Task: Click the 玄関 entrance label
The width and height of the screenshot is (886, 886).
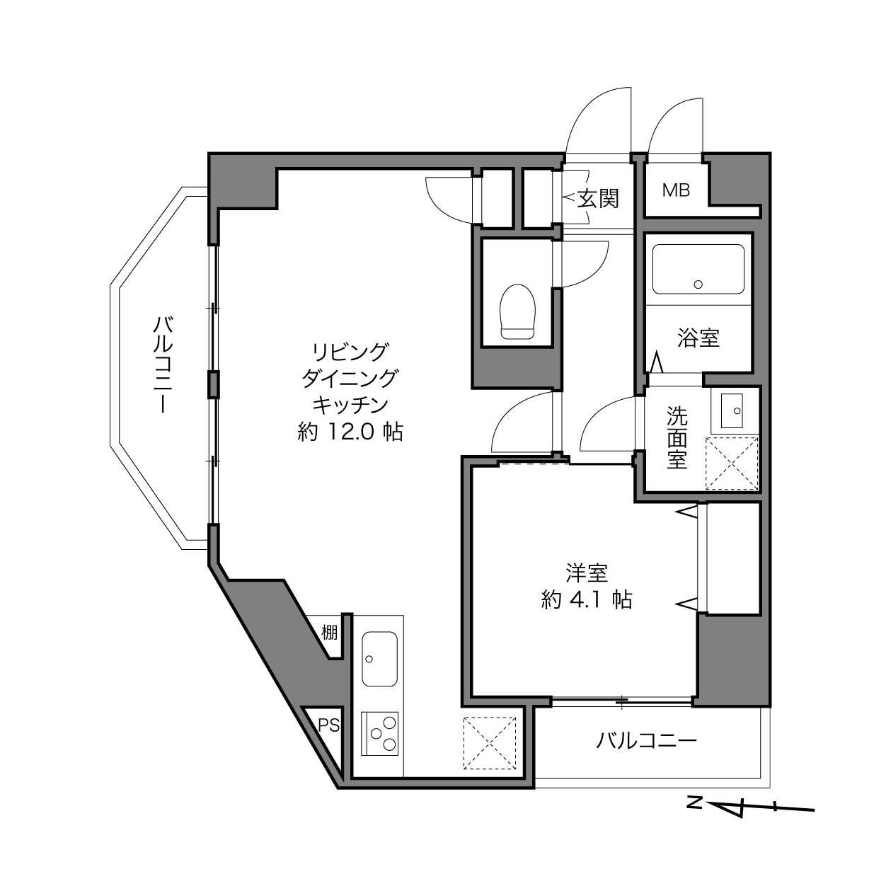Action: point(598,199)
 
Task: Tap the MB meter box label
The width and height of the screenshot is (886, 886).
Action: point(676,190)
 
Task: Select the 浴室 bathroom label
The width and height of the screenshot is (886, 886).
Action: point(698,338)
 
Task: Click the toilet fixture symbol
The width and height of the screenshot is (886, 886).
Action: point(518,312)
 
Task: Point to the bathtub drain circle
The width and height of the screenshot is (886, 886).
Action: point(698,284)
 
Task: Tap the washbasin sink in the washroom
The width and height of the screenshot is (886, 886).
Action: point(732,410)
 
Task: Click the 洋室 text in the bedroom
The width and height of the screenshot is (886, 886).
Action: point(587,573)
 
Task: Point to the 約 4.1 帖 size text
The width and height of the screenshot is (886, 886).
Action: point(587,599)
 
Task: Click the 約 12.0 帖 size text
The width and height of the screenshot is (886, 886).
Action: point(350,432)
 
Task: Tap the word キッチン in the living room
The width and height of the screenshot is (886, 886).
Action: point(350,405)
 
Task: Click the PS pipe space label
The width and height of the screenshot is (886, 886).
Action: point(329,725)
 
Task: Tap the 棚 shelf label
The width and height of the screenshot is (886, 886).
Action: point(329,633)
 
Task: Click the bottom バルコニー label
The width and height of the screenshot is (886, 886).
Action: point(646,741)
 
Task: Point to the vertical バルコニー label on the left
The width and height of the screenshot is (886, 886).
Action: point(163,364)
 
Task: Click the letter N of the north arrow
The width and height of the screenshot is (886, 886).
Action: point(694,816)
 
